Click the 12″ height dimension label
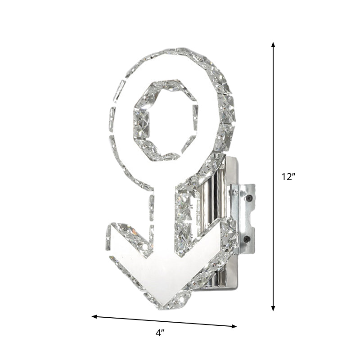(x=288, y=177)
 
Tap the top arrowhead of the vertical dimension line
(x=273, y=45)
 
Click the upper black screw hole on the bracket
(x=247, y=197)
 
